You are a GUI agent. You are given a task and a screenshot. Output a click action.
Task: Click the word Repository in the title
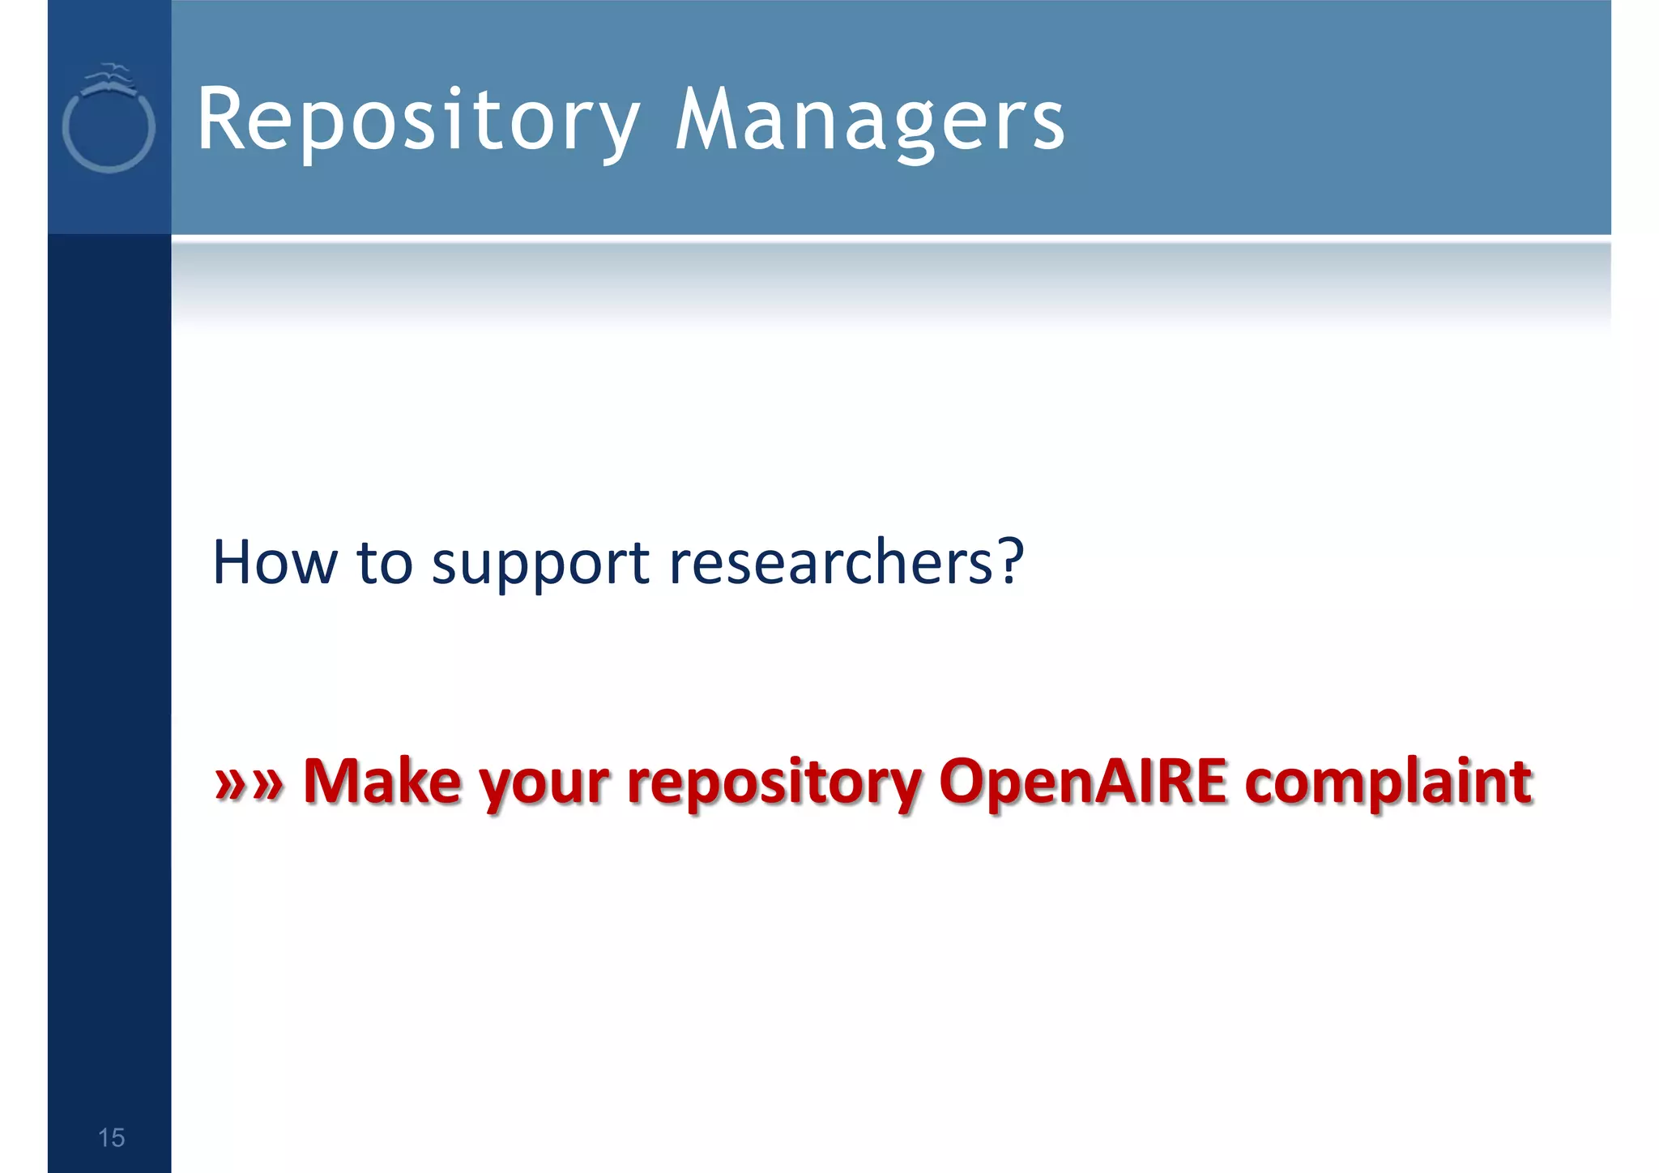point(417,122)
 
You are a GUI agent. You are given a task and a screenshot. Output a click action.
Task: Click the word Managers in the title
point(870,122)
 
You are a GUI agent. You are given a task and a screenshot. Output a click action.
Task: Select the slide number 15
point(111,1137)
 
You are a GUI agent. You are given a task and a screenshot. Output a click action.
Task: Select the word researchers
point(830,562)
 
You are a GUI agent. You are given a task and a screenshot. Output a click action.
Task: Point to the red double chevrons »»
point(249,783)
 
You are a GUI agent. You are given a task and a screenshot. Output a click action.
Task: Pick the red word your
point(544,785)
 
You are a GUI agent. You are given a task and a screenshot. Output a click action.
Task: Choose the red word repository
point(774,785)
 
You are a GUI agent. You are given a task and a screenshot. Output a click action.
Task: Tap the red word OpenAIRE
point(1083,781)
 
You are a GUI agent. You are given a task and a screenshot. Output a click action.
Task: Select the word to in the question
point(385,563)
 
